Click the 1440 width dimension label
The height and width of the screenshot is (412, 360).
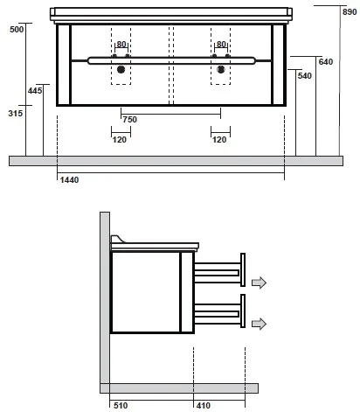click(69, 180)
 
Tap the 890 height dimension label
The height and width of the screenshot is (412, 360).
click(350, 12)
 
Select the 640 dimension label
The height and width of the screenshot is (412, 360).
click(326, 62)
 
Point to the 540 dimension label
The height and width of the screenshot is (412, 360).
click(305, 76)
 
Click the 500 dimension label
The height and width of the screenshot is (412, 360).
click(17, 30)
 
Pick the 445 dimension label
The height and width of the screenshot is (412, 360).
click(35, 91)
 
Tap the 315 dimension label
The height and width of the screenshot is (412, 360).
click(16, 113)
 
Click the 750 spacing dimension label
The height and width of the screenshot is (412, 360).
click(129, 120)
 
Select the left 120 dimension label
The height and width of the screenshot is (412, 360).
click(120, 140)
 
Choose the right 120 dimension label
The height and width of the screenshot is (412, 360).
click(219, 140)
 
